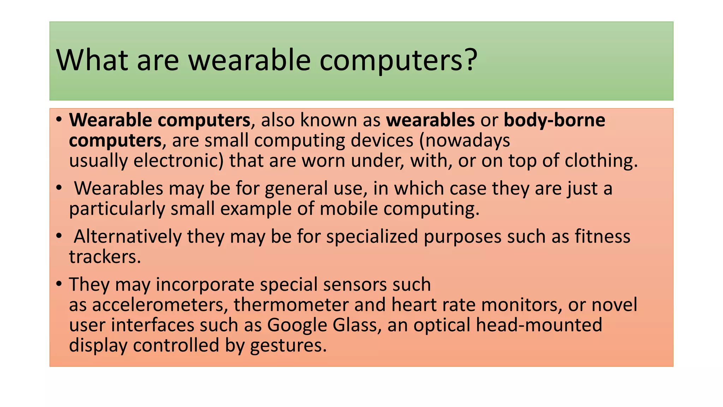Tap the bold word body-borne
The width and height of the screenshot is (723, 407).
pos(554,120)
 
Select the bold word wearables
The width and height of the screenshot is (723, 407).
pos(430,120)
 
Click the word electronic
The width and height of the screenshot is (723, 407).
pos(178,161)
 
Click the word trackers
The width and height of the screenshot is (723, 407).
pos(105,257)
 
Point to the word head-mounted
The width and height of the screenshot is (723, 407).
pos(539,325)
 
